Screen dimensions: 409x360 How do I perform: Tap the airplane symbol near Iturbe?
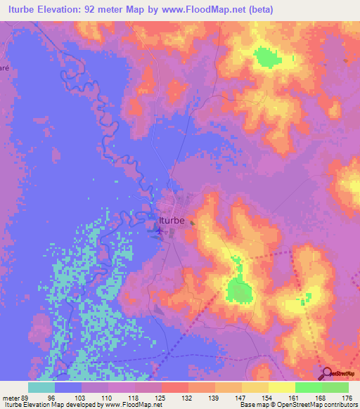(x=160, y=228)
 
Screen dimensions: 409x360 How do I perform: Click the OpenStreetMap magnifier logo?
(x=328, y=374)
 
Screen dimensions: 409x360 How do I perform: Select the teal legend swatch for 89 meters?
(x=41, y=387)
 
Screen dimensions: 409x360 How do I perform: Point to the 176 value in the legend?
(x=347, y=397)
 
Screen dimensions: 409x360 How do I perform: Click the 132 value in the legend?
(x=187, y=397)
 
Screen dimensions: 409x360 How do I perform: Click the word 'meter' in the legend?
(x=13, y=397)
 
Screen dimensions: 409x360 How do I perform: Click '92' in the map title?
(x=103, y=9)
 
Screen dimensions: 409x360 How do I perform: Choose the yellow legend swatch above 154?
(x=255, y=387)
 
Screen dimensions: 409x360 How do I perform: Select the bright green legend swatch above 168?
(x=308, y=387)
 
